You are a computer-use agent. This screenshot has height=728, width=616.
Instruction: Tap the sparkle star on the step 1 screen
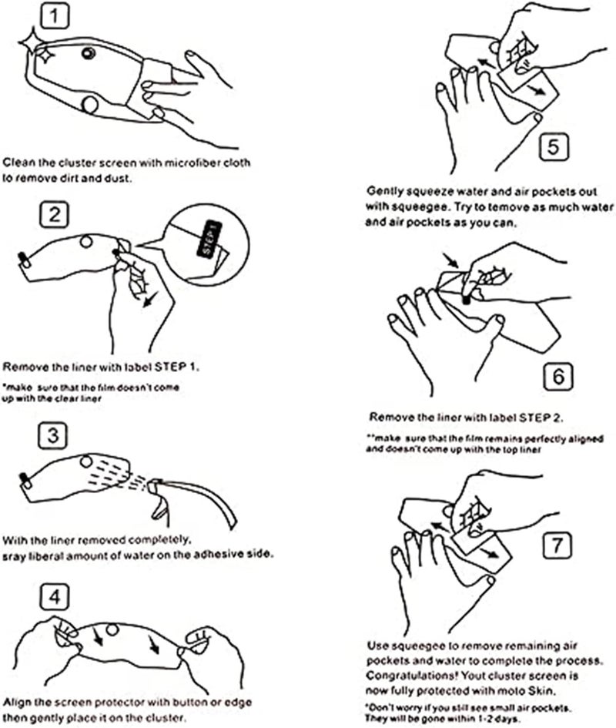[42, 52]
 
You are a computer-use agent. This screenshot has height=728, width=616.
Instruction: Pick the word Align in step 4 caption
[17, 702]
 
